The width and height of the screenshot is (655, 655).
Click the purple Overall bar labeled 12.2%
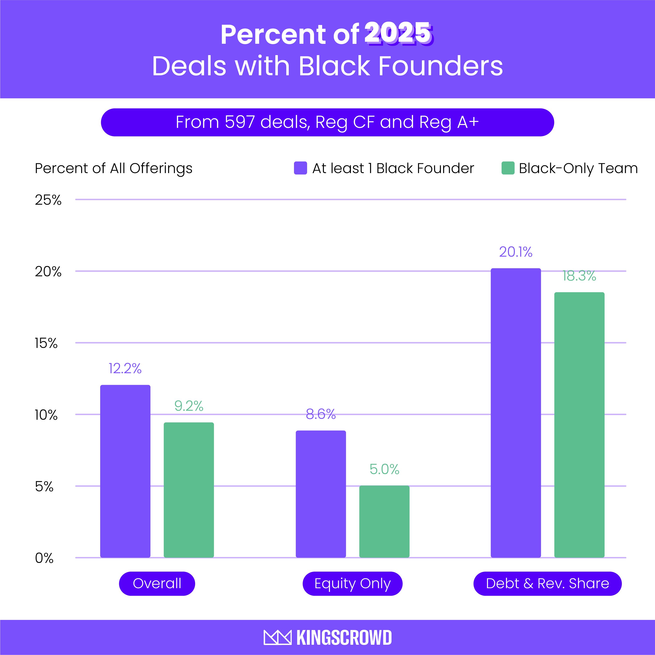coord(125,471)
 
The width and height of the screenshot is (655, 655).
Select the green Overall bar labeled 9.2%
coord(189,490)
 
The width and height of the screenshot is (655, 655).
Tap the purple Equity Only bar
coord(321,494)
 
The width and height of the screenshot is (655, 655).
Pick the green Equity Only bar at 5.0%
coord(384,521)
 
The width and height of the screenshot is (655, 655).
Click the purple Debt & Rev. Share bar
coord(516,413)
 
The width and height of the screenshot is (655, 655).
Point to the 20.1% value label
coord(516,252)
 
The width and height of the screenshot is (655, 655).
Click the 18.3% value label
coord(579,276)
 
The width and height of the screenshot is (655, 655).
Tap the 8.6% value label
coord(321,414)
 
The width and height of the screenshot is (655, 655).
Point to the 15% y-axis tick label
coord(46,344)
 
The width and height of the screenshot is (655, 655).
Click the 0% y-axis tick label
coord(44,558)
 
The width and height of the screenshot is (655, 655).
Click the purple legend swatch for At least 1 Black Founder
coord(300,168)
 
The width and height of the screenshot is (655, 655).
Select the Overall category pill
coord(157,583)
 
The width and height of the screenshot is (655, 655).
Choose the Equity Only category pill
coord(352,583)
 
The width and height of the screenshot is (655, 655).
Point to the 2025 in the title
coord(398,34)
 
